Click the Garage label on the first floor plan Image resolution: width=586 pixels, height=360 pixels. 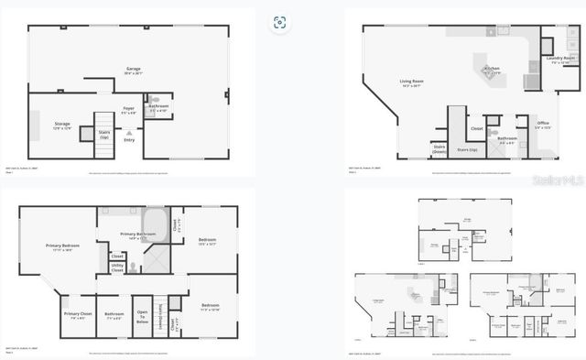point(133,70)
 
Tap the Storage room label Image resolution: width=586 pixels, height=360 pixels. point(62,124)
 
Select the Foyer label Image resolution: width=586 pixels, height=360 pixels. point(129,109)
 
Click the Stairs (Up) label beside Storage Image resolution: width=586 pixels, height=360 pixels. point(104,136)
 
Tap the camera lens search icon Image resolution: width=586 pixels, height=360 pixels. point(279,23)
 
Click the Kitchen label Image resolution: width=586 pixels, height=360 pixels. point(492,69)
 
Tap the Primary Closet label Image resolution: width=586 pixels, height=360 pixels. point(77,315)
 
